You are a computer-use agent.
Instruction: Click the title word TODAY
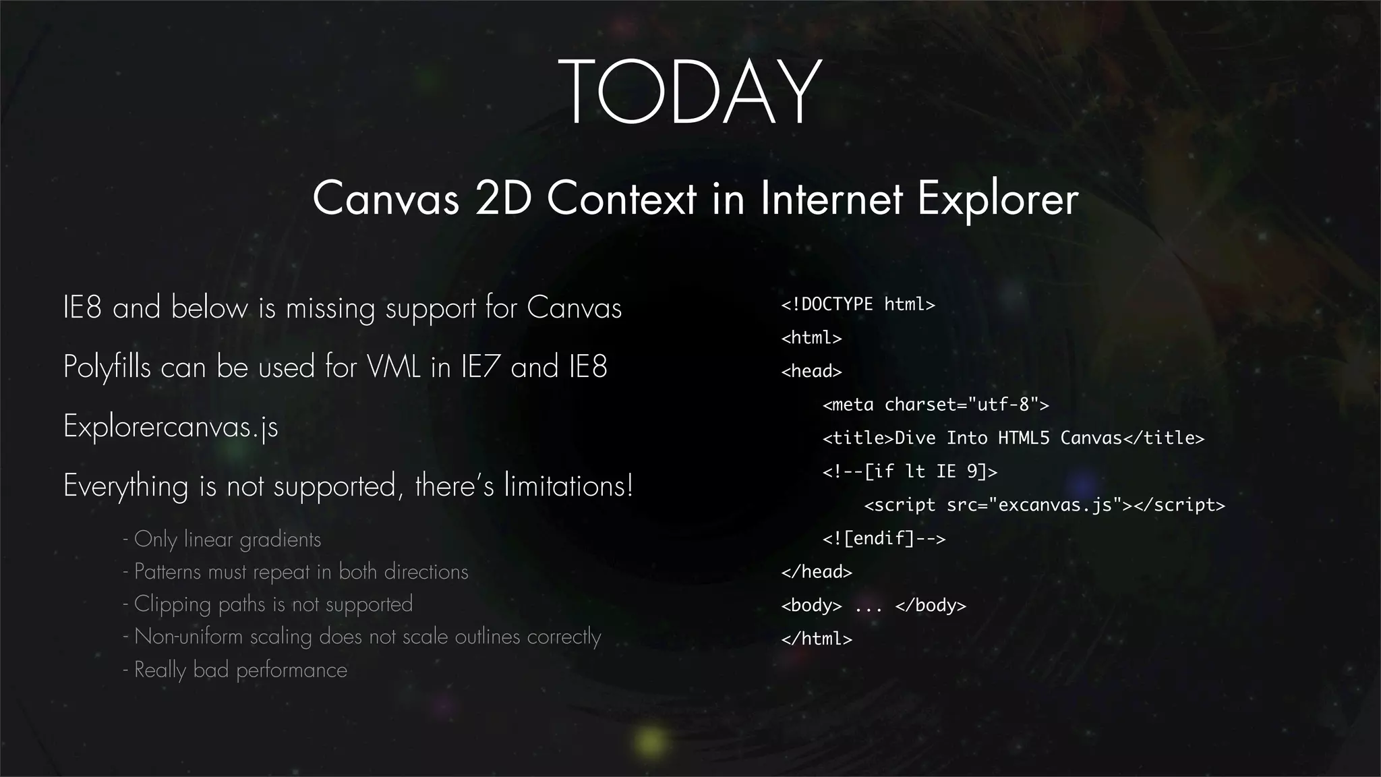[x=689, y=92]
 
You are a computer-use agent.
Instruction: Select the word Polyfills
[x=107, y=368]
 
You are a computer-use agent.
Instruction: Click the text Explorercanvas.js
[x=171, y=427]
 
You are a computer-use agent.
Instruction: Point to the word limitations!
[x=568, y=486]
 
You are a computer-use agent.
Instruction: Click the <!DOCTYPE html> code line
[x=858, y=305]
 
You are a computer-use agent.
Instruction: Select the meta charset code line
[x=935, y=405]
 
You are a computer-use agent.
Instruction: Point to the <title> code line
[x=1013, y=438]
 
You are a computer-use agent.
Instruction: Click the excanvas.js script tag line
[x=1044, y=505]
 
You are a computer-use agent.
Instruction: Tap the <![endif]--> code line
[x=883, y=538]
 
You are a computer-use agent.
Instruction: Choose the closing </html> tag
[x=816, y=639]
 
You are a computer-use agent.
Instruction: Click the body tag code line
[x=873, y=606]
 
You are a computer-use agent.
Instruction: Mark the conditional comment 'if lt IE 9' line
[x=909, y=471]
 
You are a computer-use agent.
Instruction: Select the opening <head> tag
[x=811, y=372]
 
